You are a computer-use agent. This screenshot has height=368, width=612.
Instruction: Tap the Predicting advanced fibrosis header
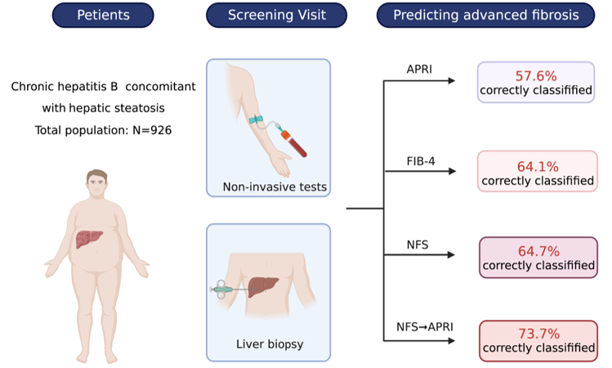tap(485, 15)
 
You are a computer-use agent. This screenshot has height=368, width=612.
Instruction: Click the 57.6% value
tap(536, 74)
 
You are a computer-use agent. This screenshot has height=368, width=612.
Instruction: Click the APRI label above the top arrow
tap(419, 69)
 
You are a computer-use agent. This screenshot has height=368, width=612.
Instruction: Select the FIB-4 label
tap(421, 160)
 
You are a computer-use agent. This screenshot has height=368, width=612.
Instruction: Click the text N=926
tap(152, 130)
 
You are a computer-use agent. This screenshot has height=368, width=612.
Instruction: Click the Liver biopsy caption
tap(269, 344)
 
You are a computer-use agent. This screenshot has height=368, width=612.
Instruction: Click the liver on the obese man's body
tap(88, 239)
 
